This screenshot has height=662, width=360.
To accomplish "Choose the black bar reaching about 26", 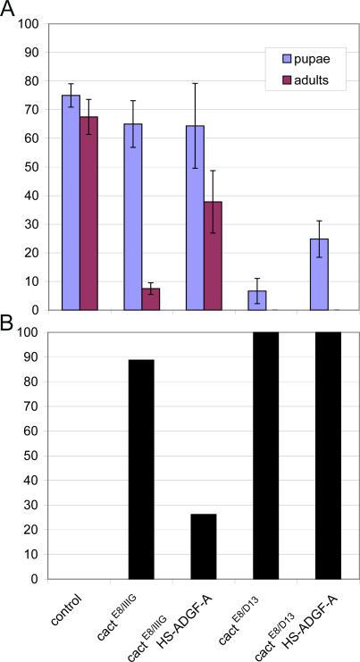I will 204,546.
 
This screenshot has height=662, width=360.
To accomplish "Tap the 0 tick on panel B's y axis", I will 33,579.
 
